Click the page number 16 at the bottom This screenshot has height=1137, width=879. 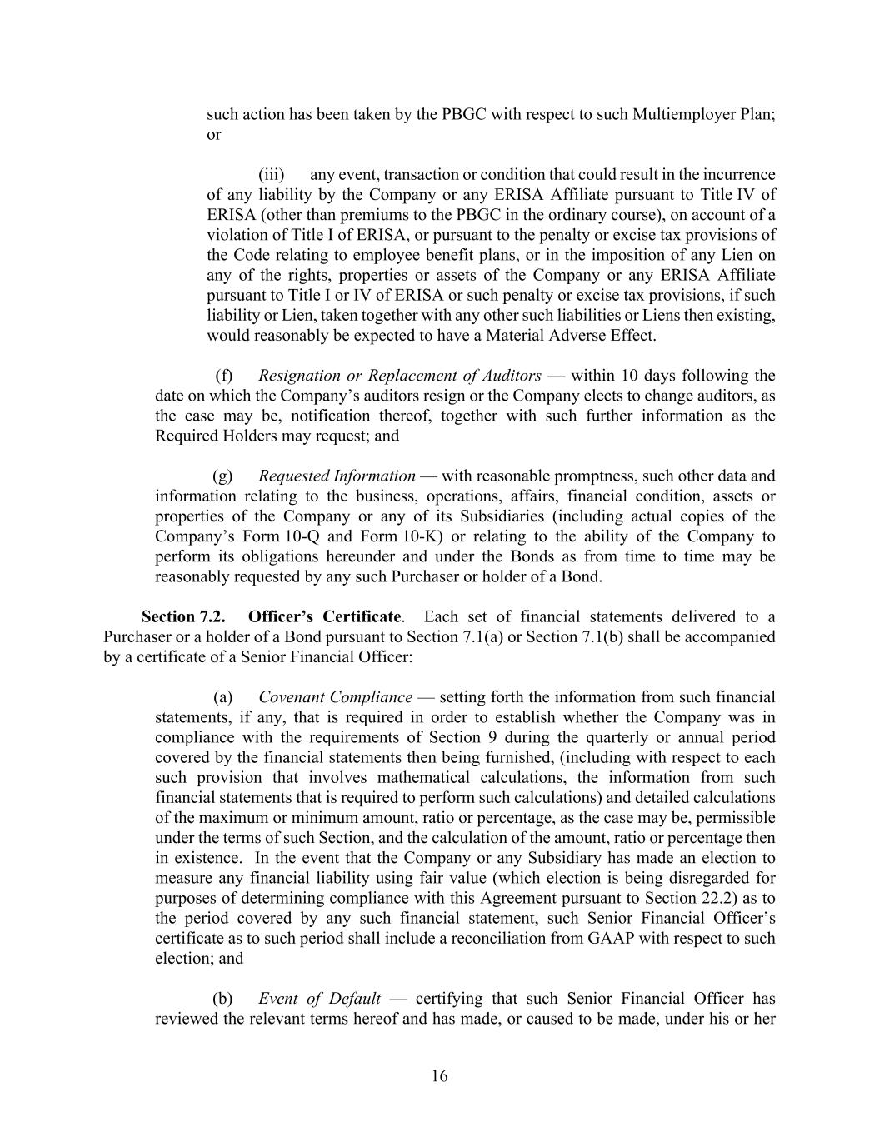[439, 1076]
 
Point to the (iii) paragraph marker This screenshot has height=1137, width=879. [271, 175]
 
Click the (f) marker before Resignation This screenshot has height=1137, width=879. [223, 376]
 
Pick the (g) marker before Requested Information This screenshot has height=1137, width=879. [222, 476]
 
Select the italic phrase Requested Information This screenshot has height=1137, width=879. [337, 476]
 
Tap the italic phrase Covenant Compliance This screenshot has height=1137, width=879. [335, 697]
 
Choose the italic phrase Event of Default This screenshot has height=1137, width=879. [319, 999]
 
